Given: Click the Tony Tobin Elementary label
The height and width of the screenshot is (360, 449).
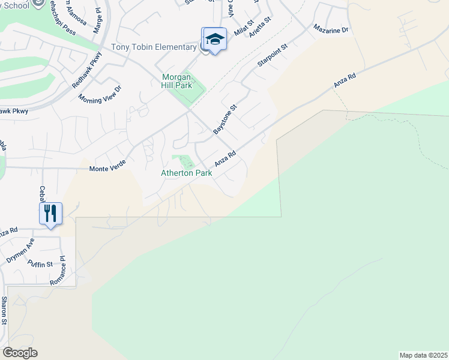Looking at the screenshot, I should coord(154,47).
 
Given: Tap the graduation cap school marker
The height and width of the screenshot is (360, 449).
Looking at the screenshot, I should coord(214,40).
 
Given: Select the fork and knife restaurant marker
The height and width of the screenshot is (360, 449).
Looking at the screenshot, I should coord(50,213).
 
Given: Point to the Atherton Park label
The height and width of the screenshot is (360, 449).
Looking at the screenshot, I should coord(186,173).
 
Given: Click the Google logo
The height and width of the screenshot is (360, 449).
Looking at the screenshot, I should coord(20,353).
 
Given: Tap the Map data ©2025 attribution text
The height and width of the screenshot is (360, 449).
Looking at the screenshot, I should coord(423,355).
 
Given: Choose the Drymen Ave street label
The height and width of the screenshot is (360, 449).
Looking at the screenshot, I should coord(20,251).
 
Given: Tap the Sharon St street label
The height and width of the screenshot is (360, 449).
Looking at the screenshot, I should coord(4,310).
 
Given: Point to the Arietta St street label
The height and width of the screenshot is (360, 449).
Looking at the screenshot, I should coord(261,28).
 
